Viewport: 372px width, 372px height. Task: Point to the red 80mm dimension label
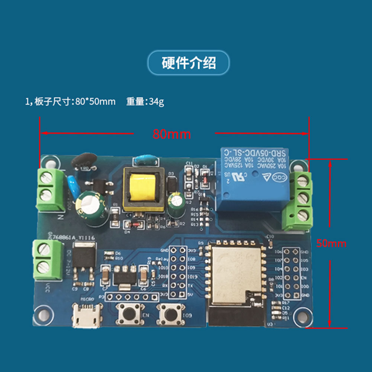coord(171,134)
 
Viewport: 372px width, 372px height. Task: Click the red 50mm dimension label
coord(331,244)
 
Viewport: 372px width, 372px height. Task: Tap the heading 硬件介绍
coord(189,63)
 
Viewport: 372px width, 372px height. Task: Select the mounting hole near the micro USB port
coord(44,314)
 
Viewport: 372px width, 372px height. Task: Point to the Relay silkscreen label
coord(162,259)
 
